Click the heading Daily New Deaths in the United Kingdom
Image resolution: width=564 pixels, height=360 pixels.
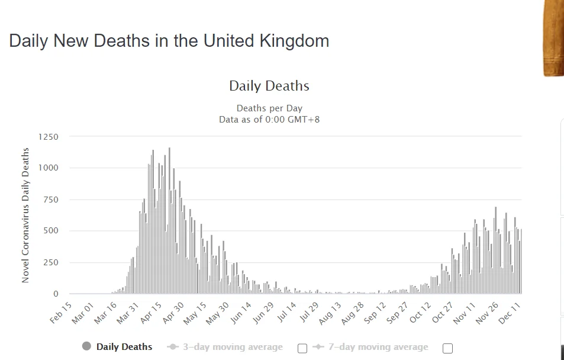(169, 41)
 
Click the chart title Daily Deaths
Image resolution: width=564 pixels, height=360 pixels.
(269, 86)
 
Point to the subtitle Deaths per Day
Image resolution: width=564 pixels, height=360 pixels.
(269, 108)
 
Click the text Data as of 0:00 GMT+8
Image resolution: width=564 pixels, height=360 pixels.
(269, 119)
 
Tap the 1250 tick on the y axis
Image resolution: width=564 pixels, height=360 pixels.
(48, 137)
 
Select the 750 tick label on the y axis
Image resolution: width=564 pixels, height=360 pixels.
(50, 200)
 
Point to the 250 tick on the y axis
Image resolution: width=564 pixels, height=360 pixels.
(50, 262)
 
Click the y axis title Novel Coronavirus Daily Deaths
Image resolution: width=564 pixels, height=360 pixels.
(25, 215)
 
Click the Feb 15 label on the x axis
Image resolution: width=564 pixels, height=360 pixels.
(61, 312)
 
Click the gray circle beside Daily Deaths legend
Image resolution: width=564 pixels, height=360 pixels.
(87, 346)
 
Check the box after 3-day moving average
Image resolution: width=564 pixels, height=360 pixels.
(302, 348)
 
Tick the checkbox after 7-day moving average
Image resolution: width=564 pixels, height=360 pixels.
(447, 348)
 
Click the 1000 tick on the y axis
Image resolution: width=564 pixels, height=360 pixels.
(48, 168)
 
